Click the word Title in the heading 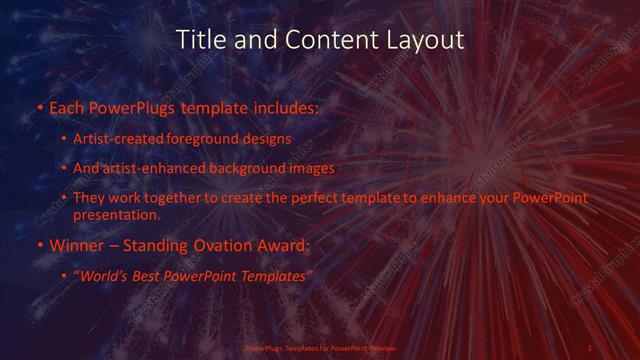tap(199, 40)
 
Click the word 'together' tap(177, 198)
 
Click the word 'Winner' tap(74, 244)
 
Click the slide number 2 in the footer tap(589, 348)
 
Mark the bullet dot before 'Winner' tap(39, 244)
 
